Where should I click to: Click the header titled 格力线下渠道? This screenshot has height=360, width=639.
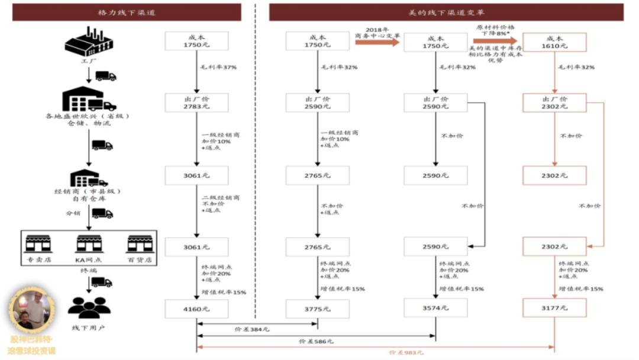click(127, 12)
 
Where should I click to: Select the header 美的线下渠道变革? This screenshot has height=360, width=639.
click(446, 12)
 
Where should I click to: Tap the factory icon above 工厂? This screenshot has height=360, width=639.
click(89, 41)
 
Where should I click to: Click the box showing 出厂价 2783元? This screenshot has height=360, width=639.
click(196, 102)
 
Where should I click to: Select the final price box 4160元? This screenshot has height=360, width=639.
click(196, 308)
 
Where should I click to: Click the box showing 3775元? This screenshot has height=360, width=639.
click(317, 308)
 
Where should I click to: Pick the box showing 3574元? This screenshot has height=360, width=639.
click(435, 308)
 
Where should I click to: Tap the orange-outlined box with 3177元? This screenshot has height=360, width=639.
click(554, 308)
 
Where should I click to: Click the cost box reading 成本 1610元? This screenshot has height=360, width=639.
click(554, 41)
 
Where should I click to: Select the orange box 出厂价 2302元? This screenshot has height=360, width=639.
click(554, 102)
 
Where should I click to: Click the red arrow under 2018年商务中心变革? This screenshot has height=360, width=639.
click(377, 41)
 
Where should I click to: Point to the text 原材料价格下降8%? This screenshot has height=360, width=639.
click(496, 31)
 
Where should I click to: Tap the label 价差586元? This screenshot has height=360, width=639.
click(317, 341)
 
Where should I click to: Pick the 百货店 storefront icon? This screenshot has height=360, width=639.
click(140, 243)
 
